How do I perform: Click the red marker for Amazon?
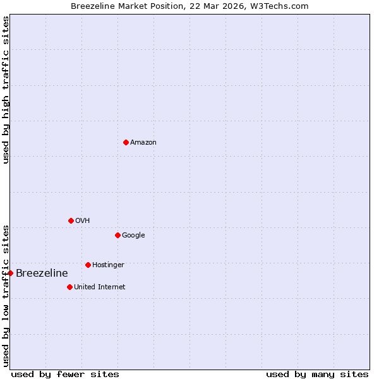(126, 142)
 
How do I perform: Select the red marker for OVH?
(71, 220)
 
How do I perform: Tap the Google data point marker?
(117, 235)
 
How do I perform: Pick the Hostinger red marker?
(88, 265)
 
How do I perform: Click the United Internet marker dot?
(69, 287)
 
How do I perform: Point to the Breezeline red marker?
(11, 273)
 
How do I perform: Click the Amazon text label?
(143, 142)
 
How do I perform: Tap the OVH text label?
(82, 220)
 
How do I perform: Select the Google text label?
(133, 235)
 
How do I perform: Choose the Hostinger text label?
(108, 265)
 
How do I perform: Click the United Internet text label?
(100, 287)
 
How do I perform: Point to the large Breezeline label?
(42, 273)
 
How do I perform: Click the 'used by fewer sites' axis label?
(65, 374)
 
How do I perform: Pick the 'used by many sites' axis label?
(317, 374)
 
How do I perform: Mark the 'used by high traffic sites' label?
(6, 90)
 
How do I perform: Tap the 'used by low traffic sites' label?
(6, 296)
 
